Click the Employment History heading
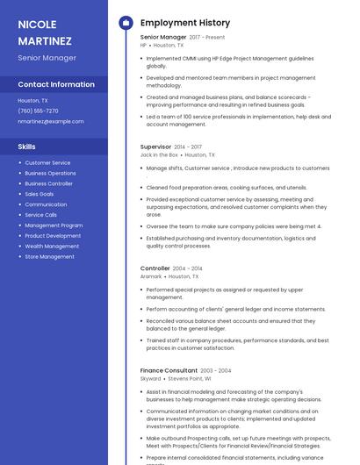click(x=185, y=23)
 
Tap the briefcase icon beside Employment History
click(x=126, y=23)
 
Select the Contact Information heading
click(x=56, y=84)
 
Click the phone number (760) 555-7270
click(x=38, y=111)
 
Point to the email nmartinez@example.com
click(x=51, y=121)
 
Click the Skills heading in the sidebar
click(x=27, y=147)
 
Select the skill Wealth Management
click(x=52, y=247)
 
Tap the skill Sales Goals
click(x=40, y=194)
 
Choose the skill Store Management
click(x=49, y=257)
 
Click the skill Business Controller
click(x=48, y=183)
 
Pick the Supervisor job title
click(x=155, y=147)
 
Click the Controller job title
click(x=155, y=268)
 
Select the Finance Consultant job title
click(x=169, y=371)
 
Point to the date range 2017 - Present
click(x=206, y=38)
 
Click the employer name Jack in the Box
click(x=159, y=154)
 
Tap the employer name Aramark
click(x=151, y=276)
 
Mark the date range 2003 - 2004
click(x=216, y=371)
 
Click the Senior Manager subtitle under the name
click(x=47, y=58)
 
